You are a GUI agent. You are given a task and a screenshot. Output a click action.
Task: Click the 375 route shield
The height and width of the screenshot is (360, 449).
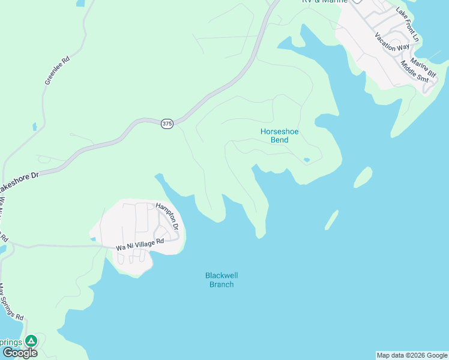click(167, 124)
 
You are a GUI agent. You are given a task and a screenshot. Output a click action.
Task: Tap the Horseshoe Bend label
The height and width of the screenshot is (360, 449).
click(279, 136)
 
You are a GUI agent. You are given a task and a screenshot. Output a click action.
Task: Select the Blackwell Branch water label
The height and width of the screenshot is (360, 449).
click(221, 280)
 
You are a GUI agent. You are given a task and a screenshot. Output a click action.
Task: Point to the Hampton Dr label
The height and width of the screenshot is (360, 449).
click(167, 217)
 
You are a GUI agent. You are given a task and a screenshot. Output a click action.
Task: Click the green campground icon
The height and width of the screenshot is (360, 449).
click(31, 341)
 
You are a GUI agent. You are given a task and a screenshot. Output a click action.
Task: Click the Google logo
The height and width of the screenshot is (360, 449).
click(20, 353)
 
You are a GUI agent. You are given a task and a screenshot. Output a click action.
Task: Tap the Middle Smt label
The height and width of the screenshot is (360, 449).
click(415, 71)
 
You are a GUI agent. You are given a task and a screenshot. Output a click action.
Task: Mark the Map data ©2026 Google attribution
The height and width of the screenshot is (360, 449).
click(412, 355)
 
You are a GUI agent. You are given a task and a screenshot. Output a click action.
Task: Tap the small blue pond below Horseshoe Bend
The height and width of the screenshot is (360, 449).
click(307, 160)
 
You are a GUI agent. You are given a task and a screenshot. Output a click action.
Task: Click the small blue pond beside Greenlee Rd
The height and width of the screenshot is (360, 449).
click(35, 127)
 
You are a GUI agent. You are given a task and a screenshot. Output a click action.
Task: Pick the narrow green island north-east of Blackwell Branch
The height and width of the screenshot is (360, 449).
click(332, 220)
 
